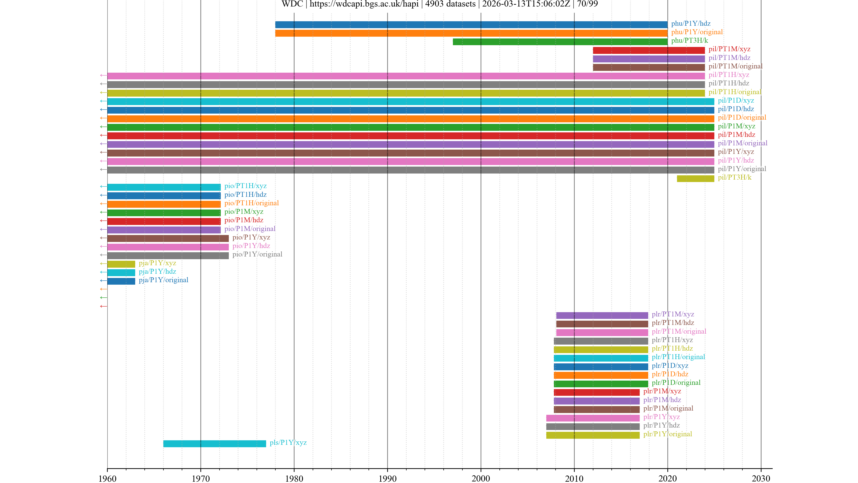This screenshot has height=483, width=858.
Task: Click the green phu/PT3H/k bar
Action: (x=560, y=42)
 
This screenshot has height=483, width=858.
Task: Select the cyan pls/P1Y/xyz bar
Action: (x=214, y=444)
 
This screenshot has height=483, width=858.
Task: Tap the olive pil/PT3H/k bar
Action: (x=696, y=179)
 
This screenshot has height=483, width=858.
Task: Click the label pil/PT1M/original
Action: (x=735, y=66)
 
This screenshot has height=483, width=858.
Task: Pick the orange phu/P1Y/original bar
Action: (x=471, y=33)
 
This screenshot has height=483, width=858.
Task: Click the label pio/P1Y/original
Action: (x=257, y=254)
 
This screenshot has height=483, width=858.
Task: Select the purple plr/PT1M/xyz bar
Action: (x=602, y=315)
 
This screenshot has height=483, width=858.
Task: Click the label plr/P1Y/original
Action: (x=667, y=434)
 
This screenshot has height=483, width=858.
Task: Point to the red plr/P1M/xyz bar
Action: (x=597, y=392)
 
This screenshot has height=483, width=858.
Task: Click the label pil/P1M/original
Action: (x=742, y=143)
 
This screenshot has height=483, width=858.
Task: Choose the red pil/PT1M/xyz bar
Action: (x=648, y=50)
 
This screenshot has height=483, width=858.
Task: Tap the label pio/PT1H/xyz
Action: (x=245, y=186)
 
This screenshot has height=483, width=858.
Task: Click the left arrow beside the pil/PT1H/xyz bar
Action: (x=103, y=76)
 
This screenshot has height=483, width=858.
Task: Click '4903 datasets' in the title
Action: (x=450, y=4)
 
